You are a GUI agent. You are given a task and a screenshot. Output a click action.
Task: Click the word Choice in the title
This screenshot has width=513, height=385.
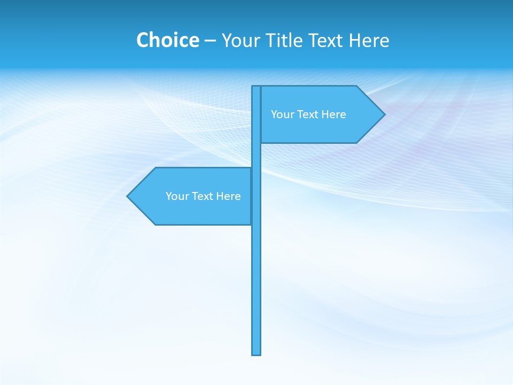[167, 40]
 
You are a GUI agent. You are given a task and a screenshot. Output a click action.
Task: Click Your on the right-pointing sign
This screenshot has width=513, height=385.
[282, 114]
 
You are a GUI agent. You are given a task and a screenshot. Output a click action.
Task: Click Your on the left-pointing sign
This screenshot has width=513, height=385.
[176, 196]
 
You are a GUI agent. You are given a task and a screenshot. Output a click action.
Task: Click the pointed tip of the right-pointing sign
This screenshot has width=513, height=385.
[383, 114]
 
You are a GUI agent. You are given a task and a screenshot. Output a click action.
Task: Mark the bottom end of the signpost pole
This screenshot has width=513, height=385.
[256, 353]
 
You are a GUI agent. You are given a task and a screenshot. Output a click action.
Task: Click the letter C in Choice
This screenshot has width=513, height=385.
[143, 40]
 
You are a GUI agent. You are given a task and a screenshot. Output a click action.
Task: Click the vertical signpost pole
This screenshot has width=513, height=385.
[256, 267]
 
